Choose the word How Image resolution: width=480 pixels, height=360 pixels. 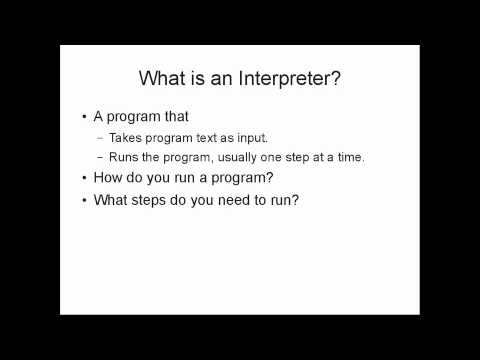pos(108,179)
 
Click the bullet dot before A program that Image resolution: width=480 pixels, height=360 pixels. pos(84,117)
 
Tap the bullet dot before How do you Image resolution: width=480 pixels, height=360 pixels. pos(84,180)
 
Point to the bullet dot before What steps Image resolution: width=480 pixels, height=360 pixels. pos(84,201)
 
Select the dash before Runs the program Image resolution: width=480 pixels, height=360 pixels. pos(100,158)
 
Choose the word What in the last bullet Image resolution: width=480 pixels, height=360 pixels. pos(111,200)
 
